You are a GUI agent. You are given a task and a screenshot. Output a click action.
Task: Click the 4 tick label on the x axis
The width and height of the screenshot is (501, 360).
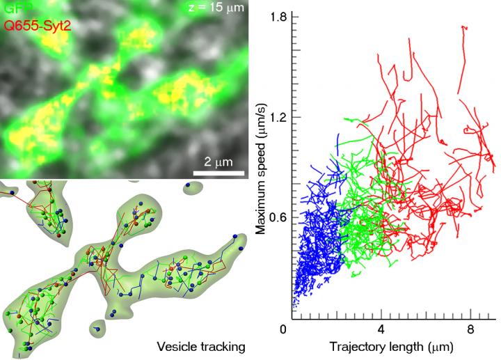pos(381,329)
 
